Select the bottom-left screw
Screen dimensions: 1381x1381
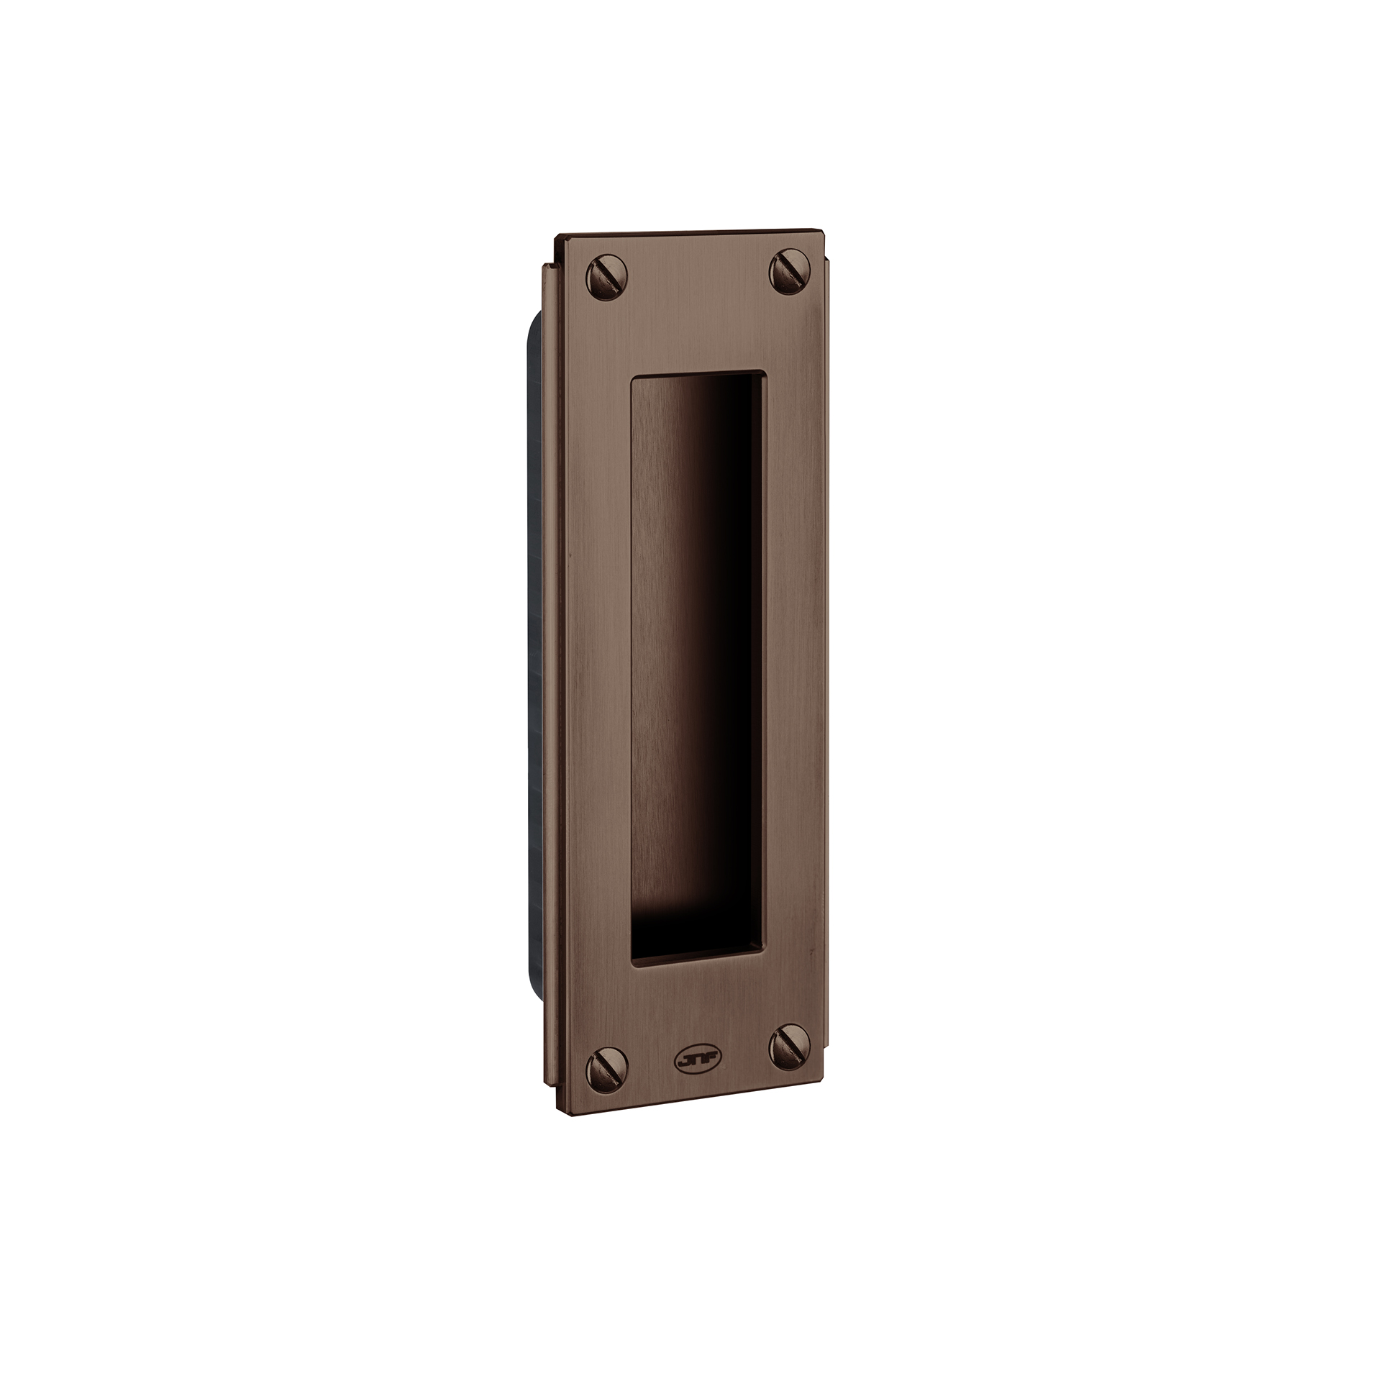(608, 1067)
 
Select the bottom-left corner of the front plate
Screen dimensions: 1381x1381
(571, 1116)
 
